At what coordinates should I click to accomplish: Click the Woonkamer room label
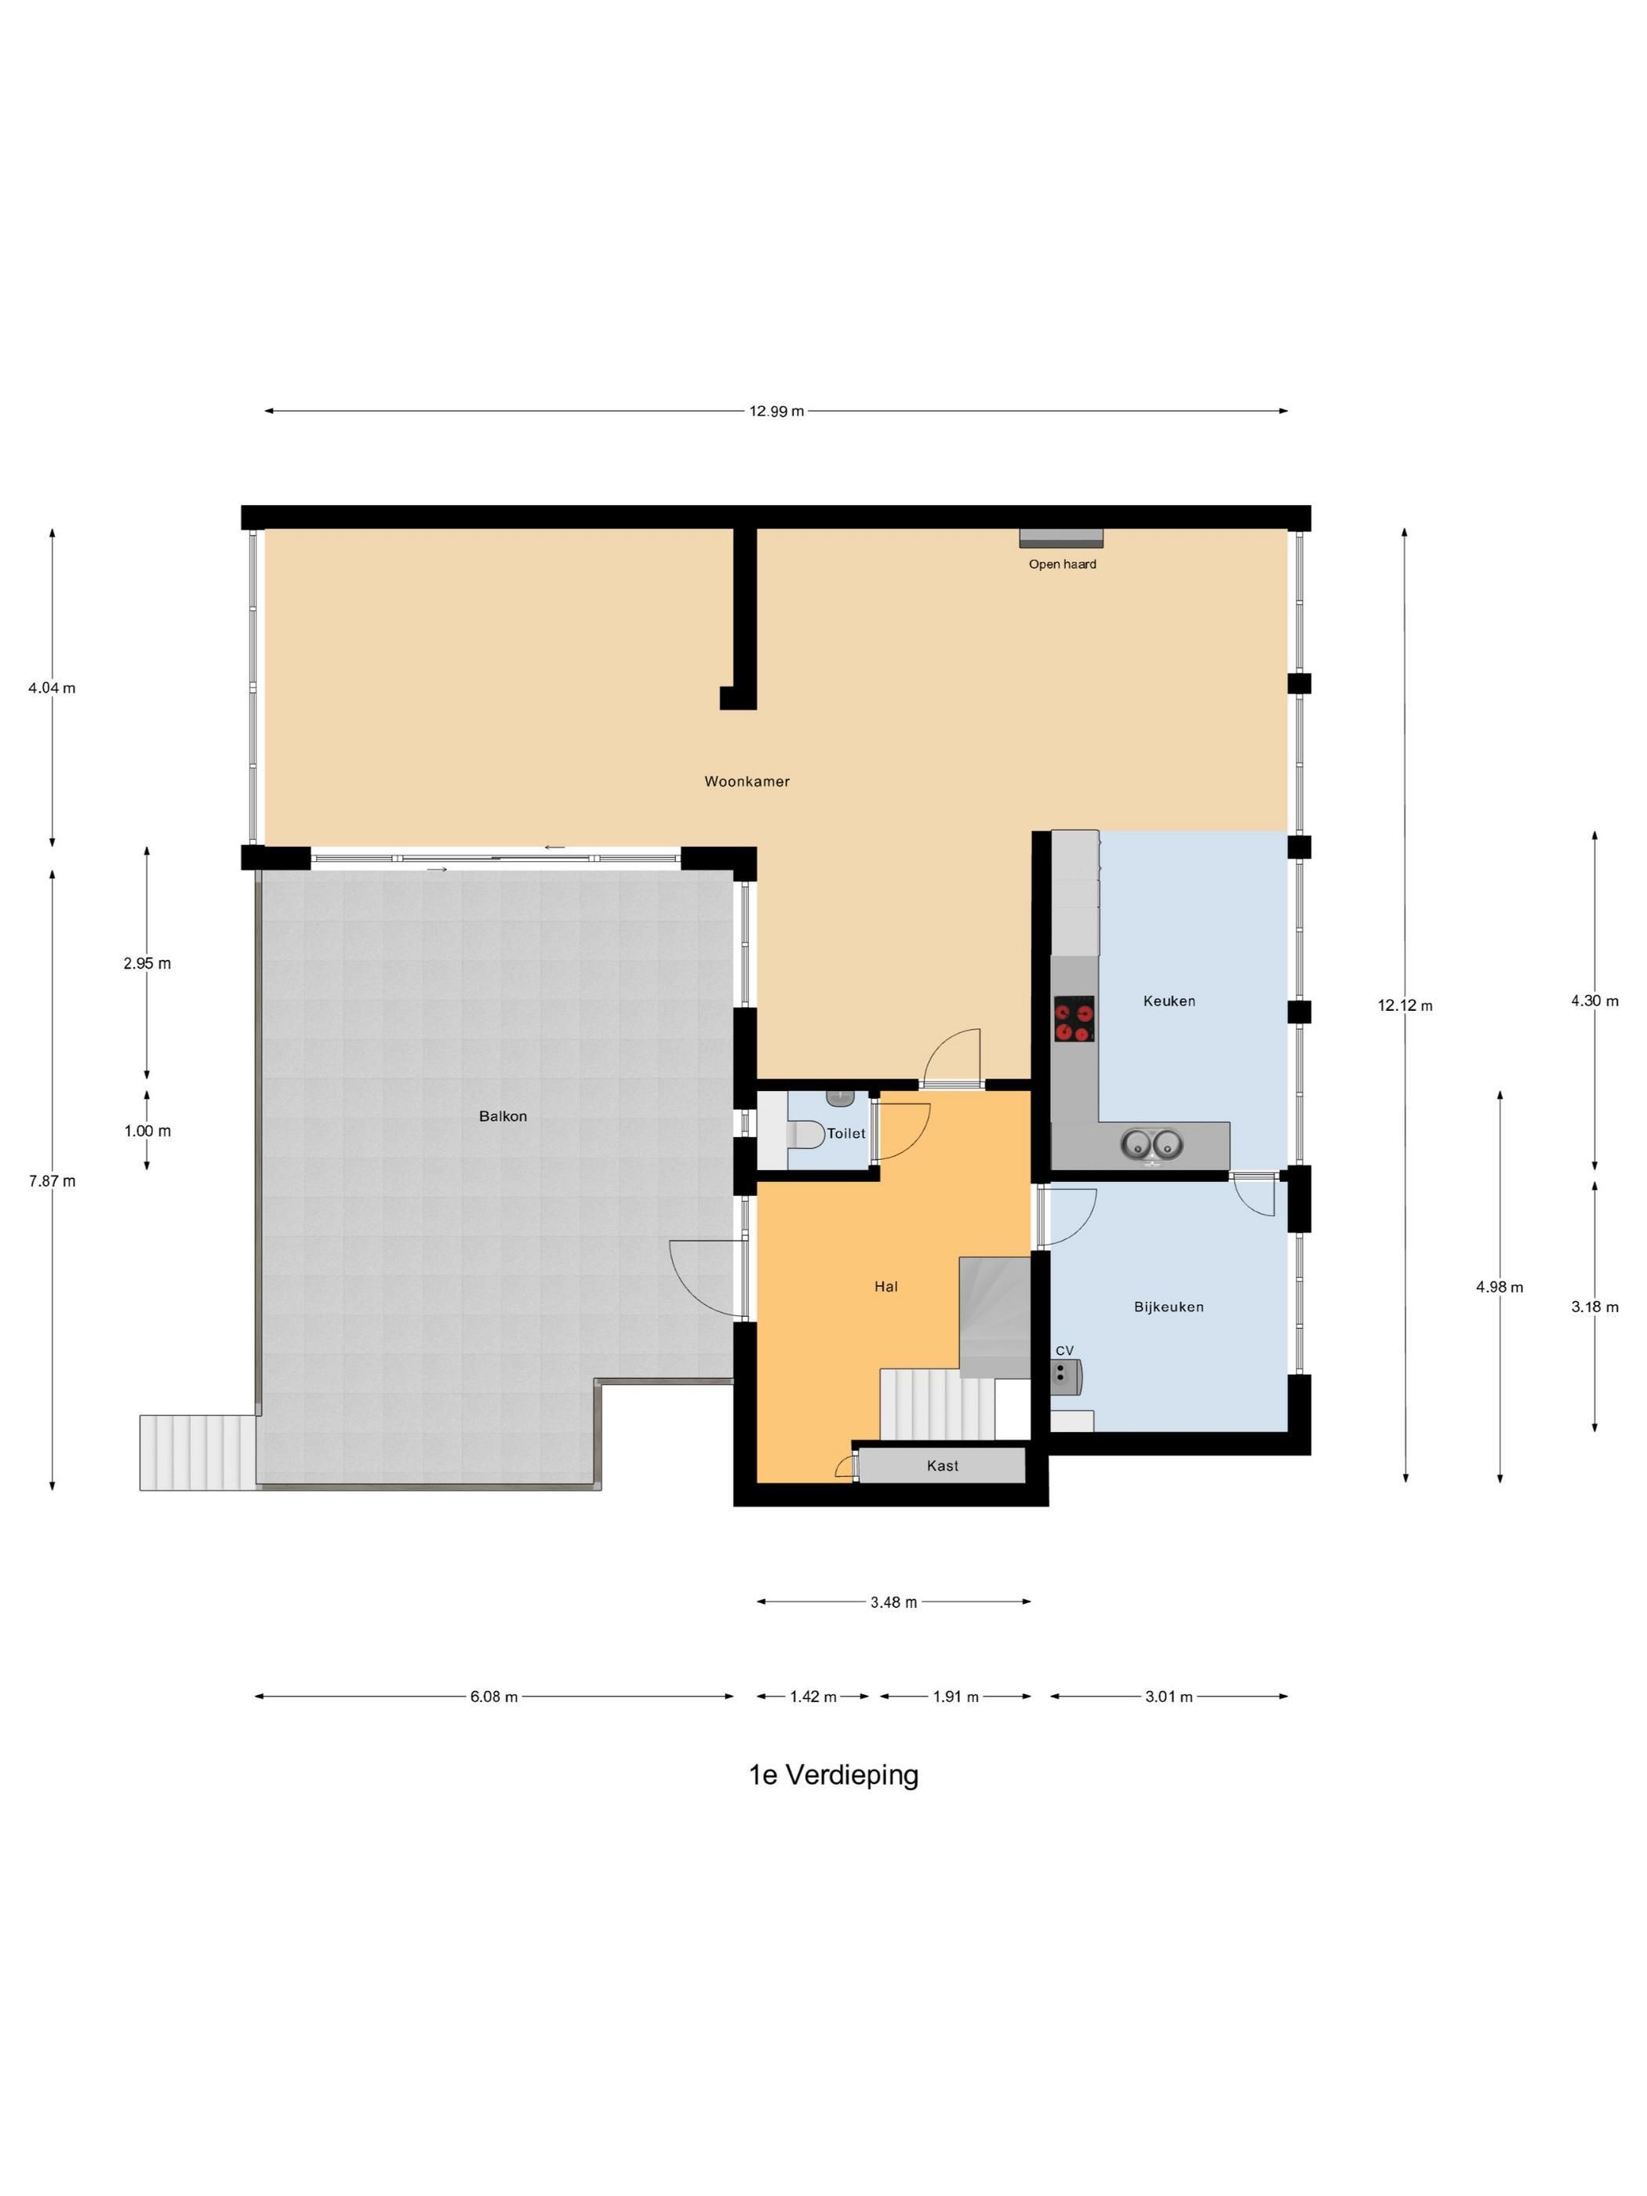pos(747,781)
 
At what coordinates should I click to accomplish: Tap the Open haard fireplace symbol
pos(1061,537)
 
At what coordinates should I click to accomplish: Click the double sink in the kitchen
pos(1151,1144)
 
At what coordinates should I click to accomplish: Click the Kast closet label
pos(942,1465)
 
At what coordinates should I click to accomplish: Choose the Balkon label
pos(503,1116)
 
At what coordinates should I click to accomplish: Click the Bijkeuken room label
pos(1169,1307)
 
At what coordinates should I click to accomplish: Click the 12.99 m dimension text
pos(776,411)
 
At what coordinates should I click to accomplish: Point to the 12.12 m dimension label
pos(1405,1005)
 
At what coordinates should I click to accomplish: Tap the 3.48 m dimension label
pos(893,1602)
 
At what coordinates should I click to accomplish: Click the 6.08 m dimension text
pos(493,1696)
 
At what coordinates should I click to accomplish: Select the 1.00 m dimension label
pos(147,1131)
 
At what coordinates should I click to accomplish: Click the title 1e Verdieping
pos(833,1774)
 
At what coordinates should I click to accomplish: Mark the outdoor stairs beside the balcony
pos(198,1452)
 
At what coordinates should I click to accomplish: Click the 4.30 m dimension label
pos(1594,1001)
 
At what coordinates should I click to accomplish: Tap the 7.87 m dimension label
pos(52,1180)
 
